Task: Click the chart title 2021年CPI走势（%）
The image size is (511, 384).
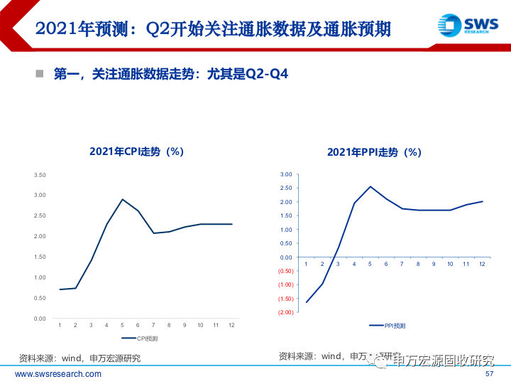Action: (136, 151)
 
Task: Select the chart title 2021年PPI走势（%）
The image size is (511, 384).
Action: (374, 152)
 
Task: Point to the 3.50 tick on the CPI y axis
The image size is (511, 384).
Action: (40, 175)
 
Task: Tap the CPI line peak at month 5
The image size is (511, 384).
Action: (122, 199)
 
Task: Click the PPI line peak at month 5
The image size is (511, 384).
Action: (370, 186)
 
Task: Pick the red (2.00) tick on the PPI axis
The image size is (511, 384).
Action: (285, 313)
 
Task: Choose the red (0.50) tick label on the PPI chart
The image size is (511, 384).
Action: (285, 271)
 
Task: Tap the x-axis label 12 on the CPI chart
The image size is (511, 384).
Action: (231, 326)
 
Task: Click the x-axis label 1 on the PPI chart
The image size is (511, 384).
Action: (306, 264)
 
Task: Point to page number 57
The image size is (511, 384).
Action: (489, 374)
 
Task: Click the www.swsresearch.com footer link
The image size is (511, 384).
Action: (58, 374)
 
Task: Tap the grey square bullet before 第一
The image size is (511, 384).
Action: (40, 73)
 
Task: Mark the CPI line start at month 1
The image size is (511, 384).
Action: (60, 289)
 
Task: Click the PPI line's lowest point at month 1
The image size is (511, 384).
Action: (306, 302)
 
